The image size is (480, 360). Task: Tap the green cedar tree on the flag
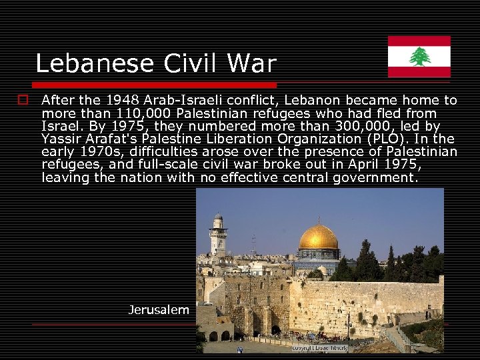(x=419, y=57)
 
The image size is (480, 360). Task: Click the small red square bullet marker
(x=23, y=101)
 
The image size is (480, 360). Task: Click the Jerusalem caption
(x=159, y=309)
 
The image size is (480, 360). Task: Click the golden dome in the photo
(x=318, y=237)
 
